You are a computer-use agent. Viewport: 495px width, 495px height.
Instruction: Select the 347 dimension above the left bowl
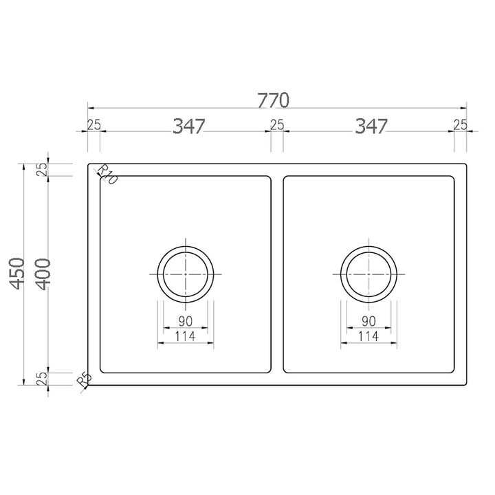point(189,126)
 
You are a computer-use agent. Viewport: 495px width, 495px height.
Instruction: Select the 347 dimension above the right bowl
point(372,126)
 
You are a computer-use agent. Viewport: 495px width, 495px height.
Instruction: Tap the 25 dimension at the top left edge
point(93,124)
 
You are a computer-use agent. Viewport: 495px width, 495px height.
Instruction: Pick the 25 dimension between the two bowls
point(276,124)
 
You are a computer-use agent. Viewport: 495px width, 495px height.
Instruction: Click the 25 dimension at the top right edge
point(460,124)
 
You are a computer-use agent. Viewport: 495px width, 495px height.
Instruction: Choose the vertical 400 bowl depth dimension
point(42,275)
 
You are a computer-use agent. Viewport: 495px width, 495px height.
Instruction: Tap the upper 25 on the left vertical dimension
point(43,170)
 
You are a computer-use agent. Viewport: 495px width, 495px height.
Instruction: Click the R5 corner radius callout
point(84,380)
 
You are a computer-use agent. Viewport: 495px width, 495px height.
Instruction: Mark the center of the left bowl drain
point(186,273)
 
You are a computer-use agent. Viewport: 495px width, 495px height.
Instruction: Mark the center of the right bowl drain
point(368,273)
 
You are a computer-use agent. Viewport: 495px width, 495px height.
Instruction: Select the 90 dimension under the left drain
point(186,321)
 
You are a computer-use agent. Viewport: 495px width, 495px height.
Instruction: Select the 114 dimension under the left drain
point(186,337)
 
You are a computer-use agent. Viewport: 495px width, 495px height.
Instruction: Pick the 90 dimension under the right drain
point(368,321)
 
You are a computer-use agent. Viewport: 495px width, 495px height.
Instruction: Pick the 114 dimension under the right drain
point(368,337)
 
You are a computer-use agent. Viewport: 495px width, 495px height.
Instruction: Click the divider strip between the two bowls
point(277,275)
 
